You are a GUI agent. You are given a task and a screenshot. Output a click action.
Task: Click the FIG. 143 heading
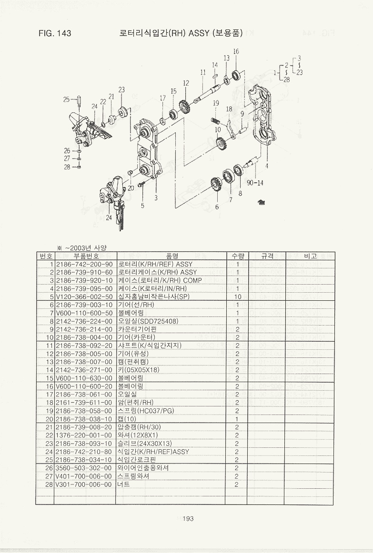pyautogui.click(x=55, y=33)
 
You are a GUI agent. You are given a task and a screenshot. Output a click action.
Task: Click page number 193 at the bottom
pyautogui.click(x=188, y=519)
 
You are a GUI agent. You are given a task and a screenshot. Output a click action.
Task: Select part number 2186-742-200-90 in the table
pyautogui.click(x=84, y=264)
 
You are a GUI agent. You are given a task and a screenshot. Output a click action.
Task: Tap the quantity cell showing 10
pyautogui.click(x=237, y=296)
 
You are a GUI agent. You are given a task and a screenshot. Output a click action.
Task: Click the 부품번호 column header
pyautogui.click(x=84, y=256)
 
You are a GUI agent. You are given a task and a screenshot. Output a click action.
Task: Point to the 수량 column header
pyautogui.click(x=237, y=256)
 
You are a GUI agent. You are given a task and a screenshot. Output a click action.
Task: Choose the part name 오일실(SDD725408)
pyautogui.click(x=148, y=321)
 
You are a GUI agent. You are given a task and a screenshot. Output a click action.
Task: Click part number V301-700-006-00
pyautogui.click(x=84, y=484)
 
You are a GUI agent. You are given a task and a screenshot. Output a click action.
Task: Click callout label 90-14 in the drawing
pyautogui.click(x=256, y=182)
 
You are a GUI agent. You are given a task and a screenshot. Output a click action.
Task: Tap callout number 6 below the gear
pyautogui.click(x=217, y=207)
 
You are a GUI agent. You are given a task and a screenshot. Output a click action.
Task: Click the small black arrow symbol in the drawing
pyautogui.click(x=261, y=202)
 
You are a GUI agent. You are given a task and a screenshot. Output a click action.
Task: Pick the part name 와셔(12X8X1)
pyautogui.click(x=138, y=435)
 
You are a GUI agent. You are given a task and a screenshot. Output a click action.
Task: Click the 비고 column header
pyautogui.click(x=310, y=256)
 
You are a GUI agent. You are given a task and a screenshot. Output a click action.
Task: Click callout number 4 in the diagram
pyautogui.click(x=266, y=166)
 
